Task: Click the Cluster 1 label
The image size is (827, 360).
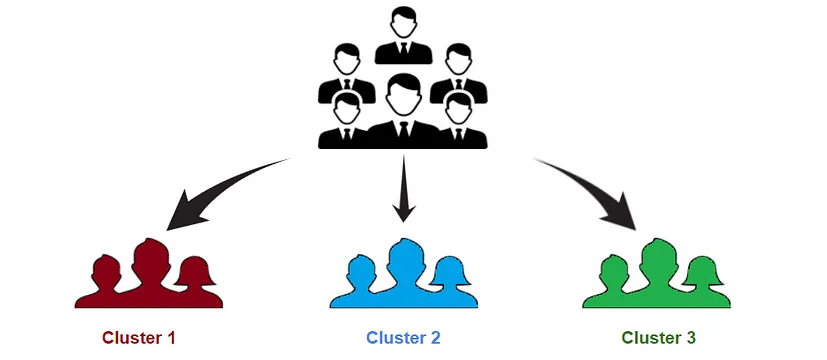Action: (x=145, y=337)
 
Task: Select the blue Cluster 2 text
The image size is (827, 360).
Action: (x=403, y=337)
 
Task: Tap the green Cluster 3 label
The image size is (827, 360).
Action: (x=658, y=337)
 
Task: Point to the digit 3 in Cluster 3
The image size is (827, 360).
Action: (x=691, y=337)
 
